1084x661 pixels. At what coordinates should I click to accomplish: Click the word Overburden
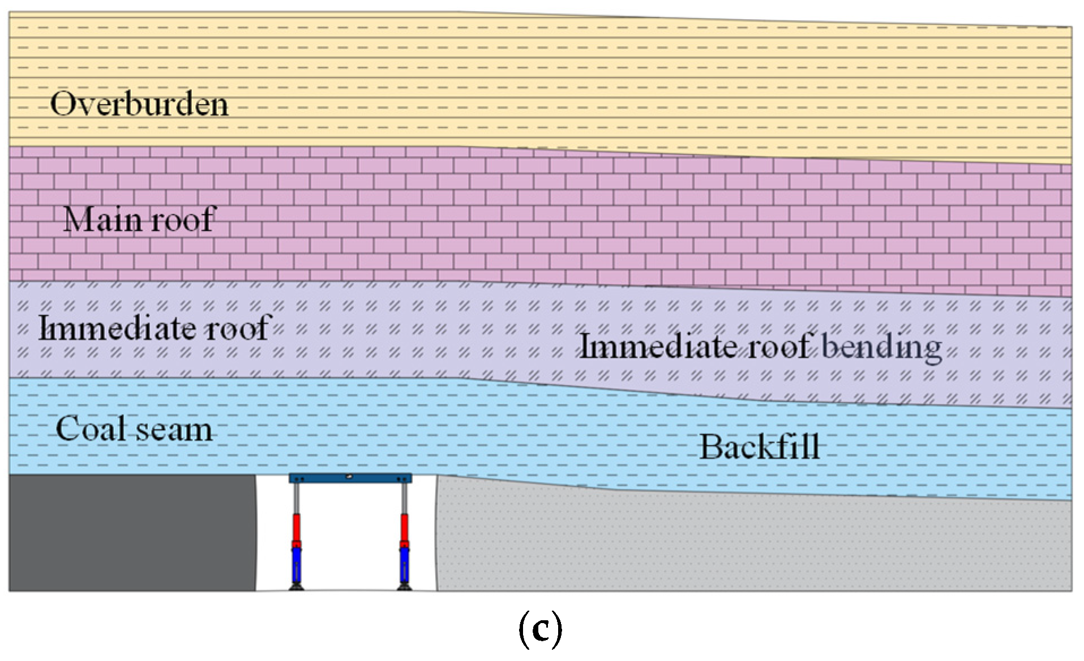click(x=139, y=105)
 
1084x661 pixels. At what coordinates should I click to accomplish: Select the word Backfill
click(x=759, y=447)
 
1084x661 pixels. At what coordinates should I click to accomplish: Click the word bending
click(x=881, y=346)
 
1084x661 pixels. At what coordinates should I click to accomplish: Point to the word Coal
click(x=91, y=428)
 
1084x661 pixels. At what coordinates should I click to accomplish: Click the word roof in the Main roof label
click(x=183, y=220)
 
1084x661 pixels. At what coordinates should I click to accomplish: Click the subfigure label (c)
click(x=540, y=629)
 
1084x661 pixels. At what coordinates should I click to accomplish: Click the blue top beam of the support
click(x=350, y=478)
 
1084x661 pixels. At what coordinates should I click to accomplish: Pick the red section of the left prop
click(x=296, y=527)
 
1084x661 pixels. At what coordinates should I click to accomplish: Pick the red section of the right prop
click(x=404, y=527)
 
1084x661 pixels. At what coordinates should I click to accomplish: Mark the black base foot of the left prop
click(x=297, y=588)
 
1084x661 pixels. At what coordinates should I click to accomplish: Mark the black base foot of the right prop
click(x=404, y=588)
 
